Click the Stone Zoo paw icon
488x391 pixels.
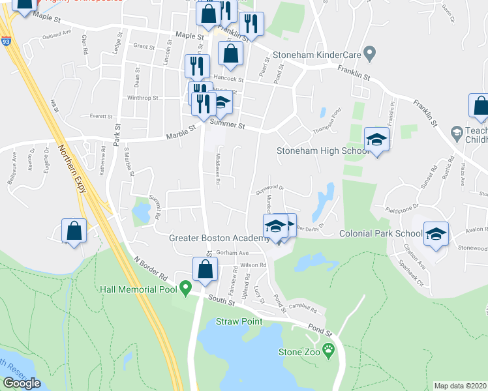(x=328, y=350)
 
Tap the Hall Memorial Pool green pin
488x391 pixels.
(x=186, y=287)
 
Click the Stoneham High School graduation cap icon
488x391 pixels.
(x=376, y=140)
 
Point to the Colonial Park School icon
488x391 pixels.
(x=436, y=234)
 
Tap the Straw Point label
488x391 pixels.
(x=239, y=321)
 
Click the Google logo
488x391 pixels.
(x=22, y=383)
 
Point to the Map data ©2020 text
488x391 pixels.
(x=461, y=386)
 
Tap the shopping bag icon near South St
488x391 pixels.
(x=206, y=270)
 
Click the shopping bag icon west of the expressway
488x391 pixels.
(x=74, y=231)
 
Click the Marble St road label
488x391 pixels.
(x=181, y=132)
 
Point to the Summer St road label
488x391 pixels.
(x=227, y=123)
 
